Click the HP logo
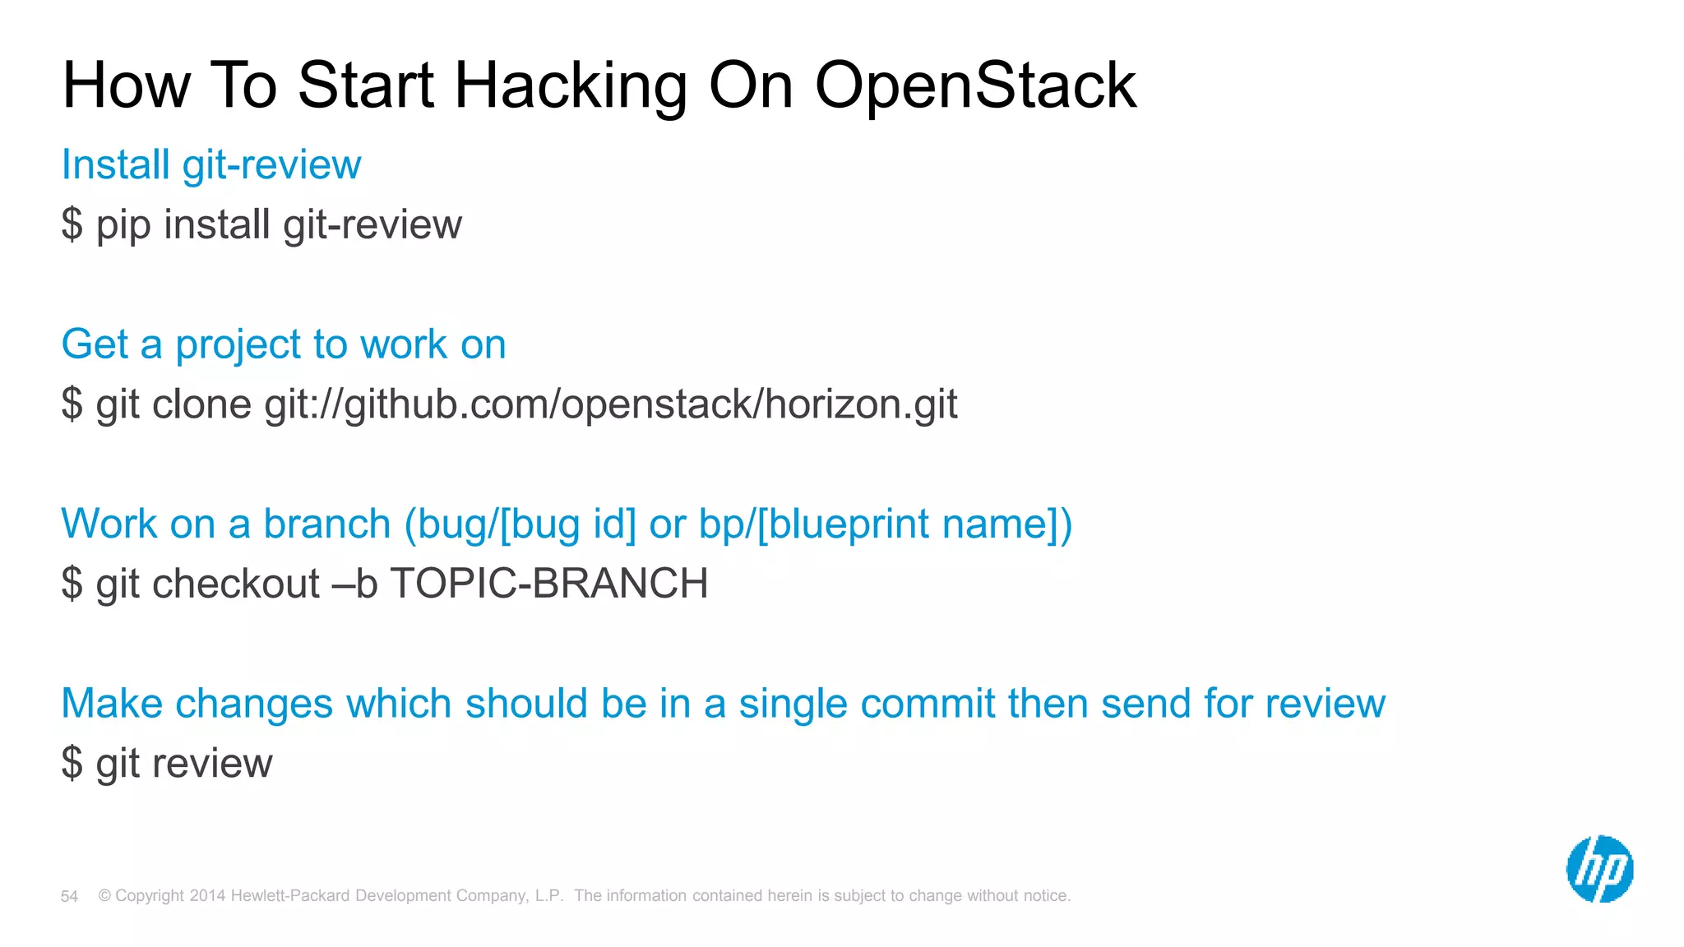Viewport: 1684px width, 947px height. pos(1599,869)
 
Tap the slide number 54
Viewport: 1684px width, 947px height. pos(69,897)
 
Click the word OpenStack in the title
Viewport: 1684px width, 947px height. pos(975,85)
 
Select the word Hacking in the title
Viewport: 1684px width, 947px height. pos(571,85)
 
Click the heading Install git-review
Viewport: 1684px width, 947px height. pos(211,164)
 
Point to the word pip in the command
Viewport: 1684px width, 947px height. pos(123,225)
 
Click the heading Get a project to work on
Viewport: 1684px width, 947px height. pos(284,344)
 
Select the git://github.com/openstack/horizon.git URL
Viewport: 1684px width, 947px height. pos(611,404)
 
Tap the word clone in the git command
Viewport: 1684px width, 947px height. pos(201,404)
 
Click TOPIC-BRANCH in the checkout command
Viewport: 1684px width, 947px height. pos(548,584)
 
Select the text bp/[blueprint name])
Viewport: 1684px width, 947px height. pos(886,524)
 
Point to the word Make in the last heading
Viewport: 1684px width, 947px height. pos(112,704)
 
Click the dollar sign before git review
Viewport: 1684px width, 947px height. pos(72,763)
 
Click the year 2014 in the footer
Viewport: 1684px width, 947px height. pos(207,896)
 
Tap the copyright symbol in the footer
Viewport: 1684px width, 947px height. pos(104,896)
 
